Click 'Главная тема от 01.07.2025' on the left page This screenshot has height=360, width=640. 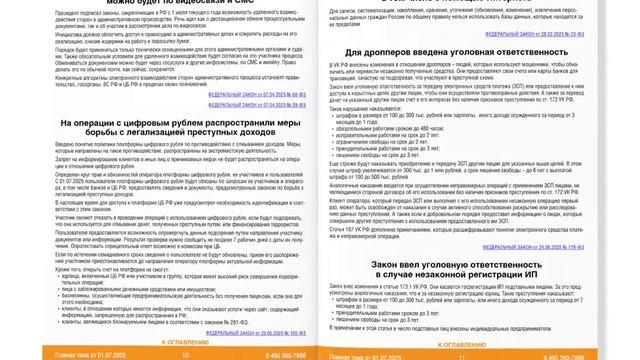click(x=46, y=354)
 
